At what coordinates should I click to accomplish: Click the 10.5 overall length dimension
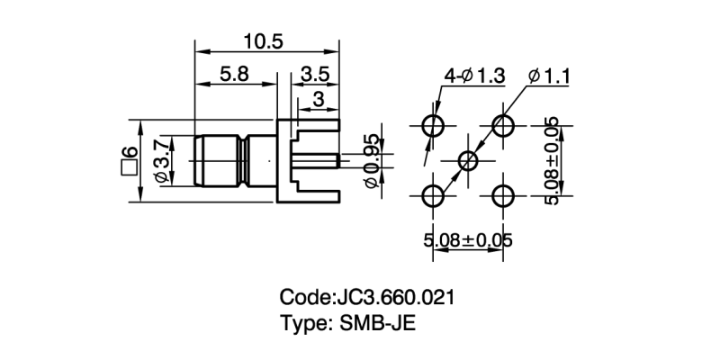point(264,40)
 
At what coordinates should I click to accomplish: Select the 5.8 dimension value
point(234,75)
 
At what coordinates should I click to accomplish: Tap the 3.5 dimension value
point(315,75)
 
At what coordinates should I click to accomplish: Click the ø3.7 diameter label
point(161,161)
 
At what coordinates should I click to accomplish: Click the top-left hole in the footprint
point(434,125)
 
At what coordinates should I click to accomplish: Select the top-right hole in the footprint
point(504,125)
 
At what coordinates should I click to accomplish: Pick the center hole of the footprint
point(469,160)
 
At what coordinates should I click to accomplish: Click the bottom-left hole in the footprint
point(434,195)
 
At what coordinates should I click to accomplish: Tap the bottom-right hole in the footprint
point(504,195)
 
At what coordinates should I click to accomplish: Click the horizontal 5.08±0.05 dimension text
point(468,240)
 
